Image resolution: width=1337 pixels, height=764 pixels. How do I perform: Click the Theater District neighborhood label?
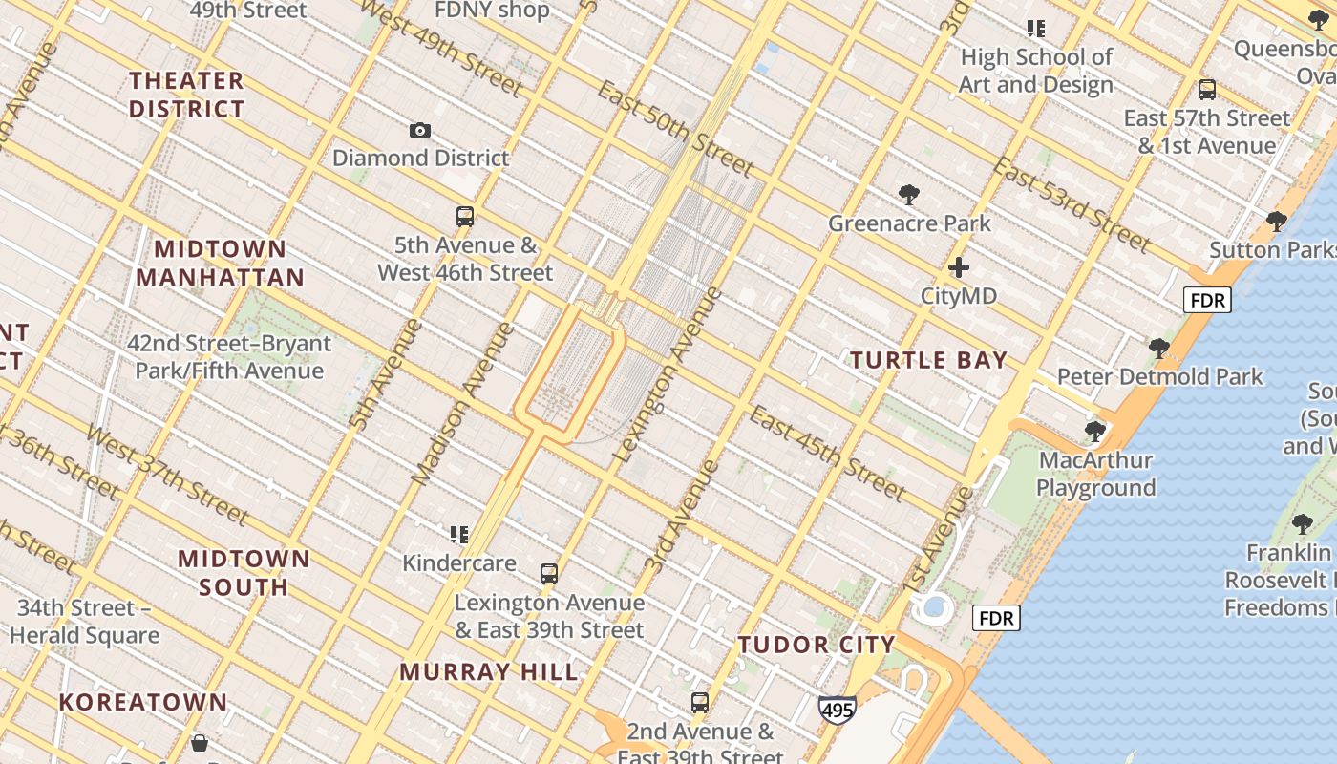click(187, 95)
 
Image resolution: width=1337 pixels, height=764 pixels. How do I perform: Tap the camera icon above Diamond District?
click(420, 130)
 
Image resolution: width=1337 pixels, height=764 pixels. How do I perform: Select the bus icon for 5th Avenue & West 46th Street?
click(465, 216)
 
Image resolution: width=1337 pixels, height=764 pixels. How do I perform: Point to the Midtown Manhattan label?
click(220, 264)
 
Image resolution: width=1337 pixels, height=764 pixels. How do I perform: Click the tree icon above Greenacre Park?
click(909, 195)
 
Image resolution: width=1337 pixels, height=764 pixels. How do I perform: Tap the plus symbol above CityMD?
click(959, 267)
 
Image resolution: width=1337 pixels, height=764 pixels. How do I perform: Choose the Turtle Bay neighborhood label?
click(928, 360)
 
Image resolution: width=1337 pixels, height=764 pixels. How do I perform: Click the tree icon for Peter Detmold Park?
click(1159, 348)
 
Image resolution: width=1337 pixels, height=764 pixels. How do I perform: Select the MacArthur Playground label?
click(1095, 474)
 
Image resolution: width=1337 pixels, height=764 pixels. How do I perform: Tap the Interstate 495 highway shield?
click(837, 710)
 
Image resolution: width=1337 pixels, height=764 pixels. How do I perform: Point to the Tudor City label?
click(817, 645)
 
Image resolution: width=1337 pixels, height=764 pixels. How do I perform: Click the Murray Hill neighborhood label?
click(489, 671)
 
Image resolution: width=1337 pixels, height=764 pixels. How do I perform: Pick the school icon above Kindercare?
click(459, 535)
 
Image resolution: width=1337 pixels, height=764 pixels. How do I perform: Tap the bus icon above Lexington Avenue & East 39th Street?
click(548, 574)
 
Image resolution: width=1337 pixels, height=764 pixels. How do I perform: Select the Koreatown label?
click(143, 703)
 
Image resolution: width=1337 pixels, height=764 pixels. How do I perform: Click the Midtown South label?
click(244, 572)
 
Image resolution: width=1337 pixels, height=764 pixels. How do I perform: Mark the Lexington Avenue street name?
click(668, 374)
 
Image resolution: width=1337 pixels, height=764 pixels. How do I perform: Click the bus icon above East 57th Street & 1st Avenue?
click(1207, 90)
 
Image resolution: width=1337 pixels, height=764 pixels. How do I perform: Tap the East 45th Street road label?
click(826, 453)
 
